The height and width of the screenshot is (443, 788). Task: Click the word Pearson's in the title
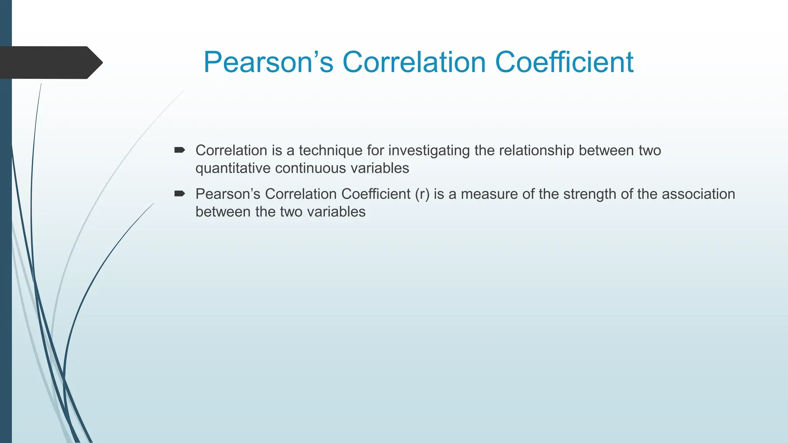(x=268, y=62)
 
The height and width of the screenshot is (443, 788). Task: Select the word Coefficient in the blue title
(x=564, y=62)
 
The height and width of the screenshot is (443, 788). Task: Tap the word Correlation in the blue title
(x=414, y=62)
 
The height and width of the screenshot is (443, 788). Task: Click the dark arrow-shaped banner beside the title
(x=50, y=62)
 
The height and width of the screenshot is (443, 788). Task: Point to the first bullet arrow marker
(x=180, y=150)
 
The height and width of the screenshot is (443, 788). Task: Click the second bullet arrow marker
(x=180, y=193)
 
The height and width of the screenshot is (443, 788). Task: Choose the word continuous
(x=305, y=168)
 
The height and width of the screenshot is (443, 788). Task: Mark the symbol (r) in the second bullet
(x=422, y=194)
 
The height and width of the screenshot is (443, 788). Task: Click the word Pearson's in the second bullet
(x=228, y=194)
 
